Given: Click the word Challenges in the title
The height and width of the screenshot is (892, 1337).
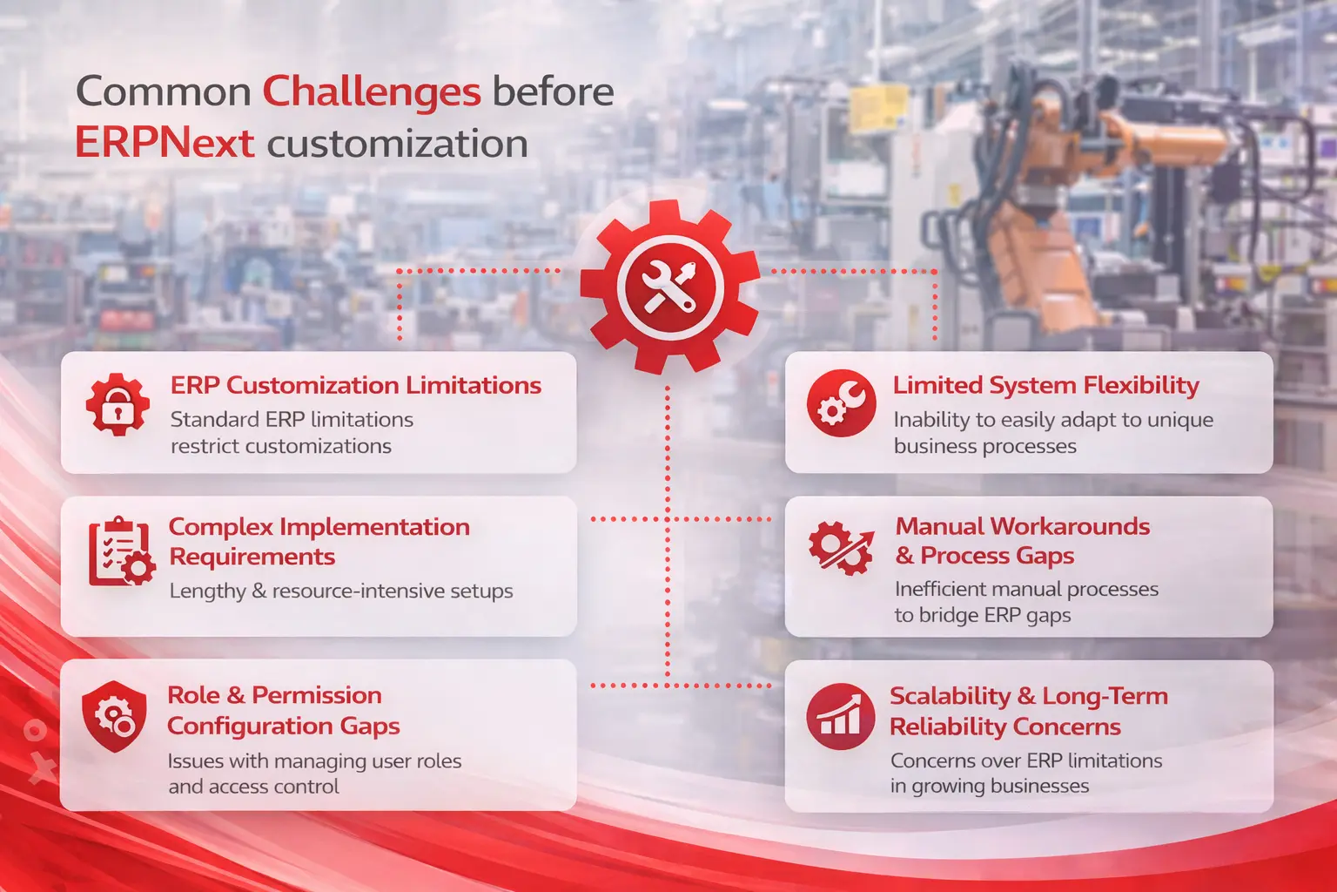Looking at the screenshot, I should (372, 92).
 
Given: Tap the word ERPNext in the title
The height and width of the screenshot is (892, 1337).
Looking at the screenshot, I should (165, 144).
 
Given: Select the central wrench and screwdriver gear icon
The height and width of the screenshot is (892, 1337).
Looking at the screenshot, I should (668, 287).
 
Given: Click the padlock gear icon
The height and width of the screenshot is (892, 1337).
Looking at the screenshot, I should (118, 405).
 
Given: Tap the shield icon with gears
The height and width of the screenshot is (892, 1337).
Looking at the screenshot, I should (114, 716).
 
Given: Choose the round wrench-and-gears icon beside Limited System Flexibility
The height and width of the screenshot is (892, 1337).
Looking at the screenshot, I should (841, 403).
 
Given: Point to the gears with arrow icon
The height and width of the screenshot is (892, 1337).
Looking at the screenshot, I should (840, 548).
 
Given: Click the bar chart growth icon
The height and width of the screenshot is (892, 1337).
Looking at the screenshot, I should (840, 716).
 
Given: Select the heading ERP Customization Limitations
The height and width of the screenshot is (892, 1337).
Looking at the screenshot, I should (355, 385).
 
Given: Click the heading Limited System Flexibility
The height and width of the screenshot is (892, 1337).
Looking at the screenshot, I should (1045, 385).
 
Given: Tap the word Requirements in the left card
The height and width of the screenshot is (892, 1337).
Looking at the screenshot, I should (252, 557).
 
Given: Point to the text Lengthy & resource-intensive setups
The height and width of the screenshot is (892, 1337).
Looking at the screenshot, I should (340, 591).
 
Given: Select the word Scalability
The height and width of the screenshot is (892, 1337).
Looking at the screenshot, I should (950, 696).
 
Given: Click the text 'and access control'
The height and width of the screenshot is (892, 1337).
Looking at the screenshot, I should (253, 787).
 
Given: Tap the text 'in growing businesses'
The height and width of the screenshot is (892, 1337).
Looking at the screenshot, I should (989, 786).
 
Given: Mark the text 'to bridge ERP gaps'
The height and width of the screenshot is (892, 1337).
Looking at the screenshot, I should (982, 615).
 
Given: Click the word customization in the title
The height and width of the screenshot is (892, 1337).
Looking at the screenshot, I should (397, 144).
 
